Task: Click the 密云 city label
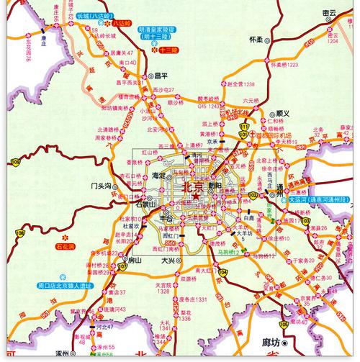[330, 12]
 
